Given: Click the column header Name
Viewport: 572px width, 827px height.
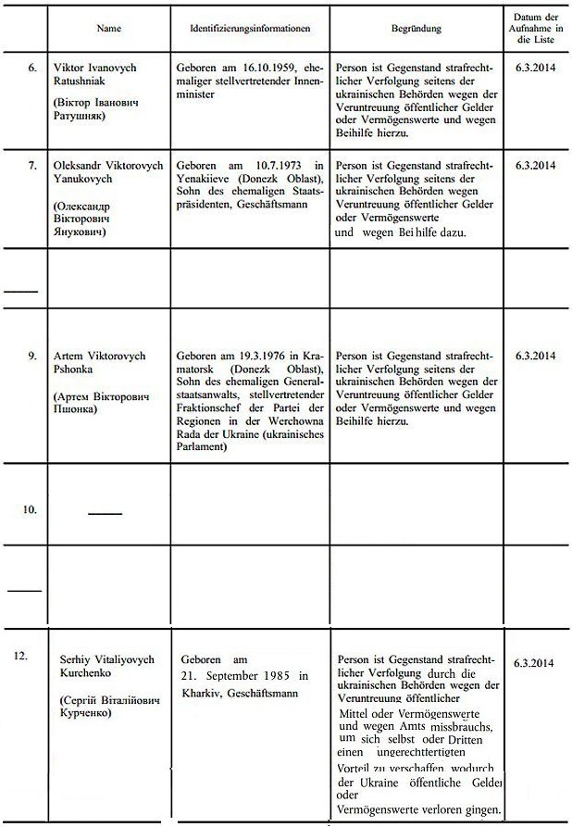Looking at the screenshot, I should click(108, 29).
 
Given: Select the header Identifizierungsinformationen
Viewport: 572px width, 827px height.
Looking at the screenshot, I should click(252, 29).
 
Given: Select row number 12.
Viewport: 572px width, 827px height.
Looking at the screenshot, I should click(21, 656).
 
